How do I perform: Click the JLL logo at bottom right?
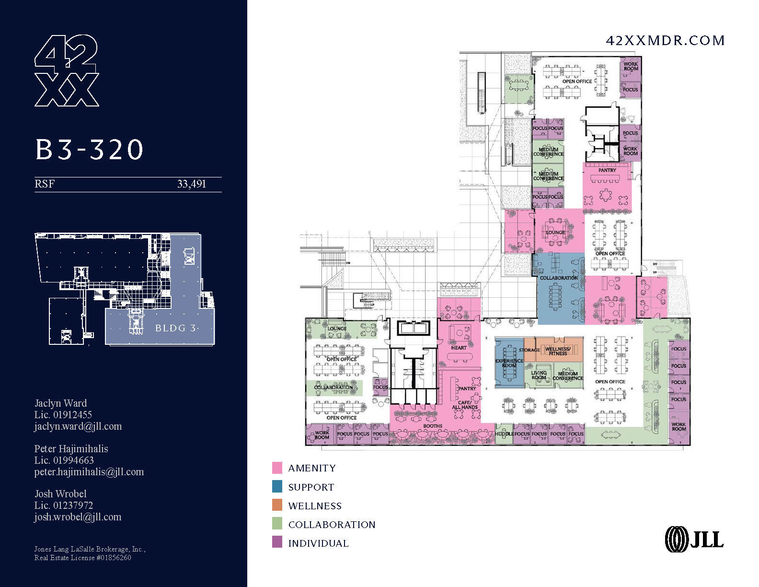pyautogui.click(x=694, y=539)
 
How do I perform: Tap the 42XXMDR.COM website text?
pyautogui.click(x=665, y=41)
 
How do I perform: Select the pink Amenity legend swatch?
pyautogui.click(x=277, y=468)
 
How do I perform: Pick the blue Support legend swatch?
pyautogui.click(x=277, y=486)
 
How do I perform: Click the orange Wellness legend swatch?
pyautogui.click(x=277, y=505)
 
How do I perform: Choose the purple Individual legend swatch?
pyautogui.click(x=277, y=542)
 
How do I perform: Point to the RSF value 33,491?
pyautogui.click(x=191, y=184)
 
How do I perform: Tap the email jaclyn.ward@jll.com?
pyautogui.click(x=78, y=426)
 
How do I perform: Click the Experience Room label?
pyautogui.click(x=509, y=363)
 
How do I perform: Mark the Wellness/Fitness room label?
pyautogui.click(x=558, y=351)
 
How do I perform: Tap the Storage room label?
pyautogui.click(x=529, y=350)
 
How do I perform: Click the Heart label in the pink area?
pyautogui.click(x=459, y=348)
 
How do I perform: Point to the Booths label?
pyautogui.click(x=432, y=426)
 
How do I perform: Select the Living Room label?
pyautogui.click(x=539, y=375)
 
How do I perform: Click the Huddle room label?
pyautogui.click(x=504, y=434)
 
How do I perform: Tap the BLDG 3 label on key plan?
pyautogui.click(x=175, y=329)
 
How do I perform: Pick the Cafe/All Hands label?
pyautogui.click(x=465, y=405)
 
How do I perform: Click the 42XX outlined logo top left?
pyautogui.click(x=67, y=70)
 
